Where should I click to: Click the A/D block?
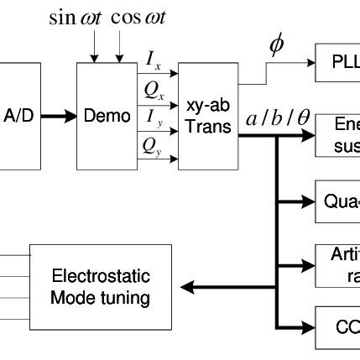(19, 116)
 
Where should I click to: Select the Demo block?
(107, 116)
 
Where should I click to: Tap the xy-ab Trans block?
(207, 116)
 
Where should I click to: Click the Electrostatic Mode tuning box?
(101, 287)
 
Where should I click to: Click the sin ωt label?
(76, 18)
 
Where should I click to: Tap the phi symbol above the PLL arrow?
(275, 46)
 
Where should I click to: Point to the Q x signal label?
(154, 88)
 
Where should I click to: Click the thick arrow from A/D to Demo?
(58, 116)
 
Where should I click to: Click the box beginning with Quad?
(337, 201)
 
